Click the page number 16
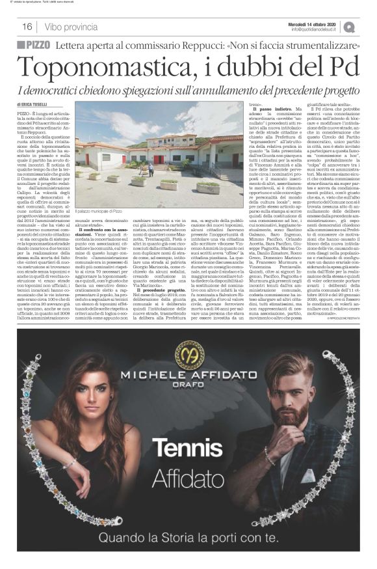click(27, 27)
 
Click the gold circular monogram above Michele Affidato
click(189, 354)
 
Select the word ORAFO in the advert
click(189, 389)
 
